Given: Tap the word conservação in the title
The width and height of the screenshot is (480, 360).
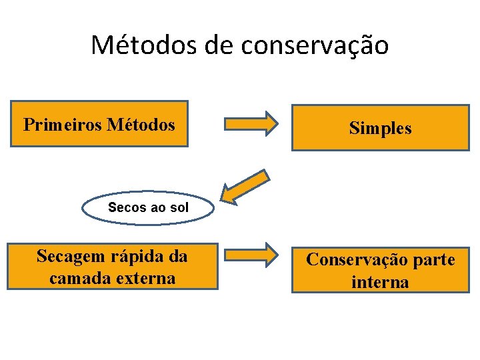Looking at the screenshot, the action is click(315, 45).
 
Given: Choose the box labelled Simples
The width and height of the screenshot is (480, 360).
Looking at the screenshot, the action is click(381, 128).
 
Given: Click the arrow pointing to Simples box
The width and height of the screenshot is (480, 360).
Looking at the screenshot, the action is click(251, 124).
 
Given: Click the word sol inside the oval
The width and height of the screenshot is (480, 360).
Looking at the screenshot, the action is click(179, 207).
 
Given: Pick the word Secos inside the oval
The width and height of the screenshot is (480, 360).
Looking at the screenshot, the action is click(127, 207).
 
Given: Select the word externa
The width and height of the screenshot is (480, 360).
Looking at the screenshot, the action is click(145, 277).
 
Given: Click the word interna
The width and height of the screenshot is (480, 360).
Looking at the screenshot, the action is click(380, 281).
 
